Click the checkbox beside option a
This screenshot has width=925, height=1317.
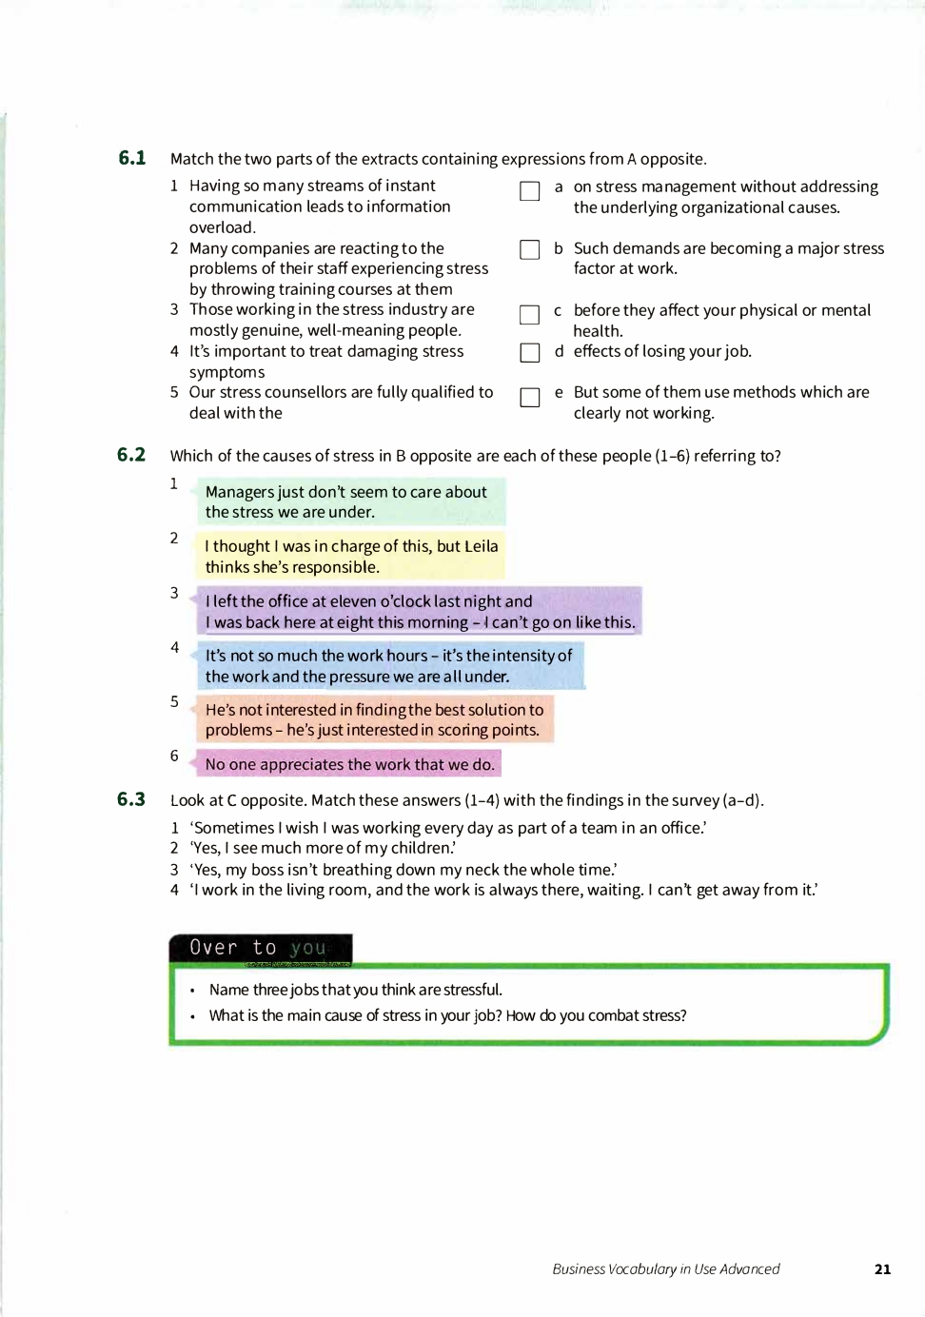[530, 191]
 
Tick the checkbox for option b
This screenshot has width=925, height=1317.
[530, 249]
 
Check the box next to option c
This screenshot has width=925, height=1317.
[530, 315]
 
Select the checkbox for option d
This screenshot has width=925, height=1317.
[530, 353]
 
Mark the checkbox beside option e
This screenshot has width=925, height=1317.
[530, 397]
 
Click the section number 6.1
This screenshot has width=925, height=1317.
[132, 158]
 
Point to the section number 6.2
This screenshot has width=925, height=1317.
[131, 455]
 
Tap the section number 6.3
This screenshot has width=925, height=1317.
[131, 799]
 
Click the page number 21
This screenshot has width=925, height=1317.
[882, 1268]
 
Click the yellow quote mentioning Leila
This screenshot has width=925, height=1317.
[350, 557]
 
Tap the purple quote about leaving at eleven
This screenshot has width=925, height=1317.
[419, 611]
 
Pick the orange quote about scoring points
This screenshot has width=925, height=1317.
[373, 719]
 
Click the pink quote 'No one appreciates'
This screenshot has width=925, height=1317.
[349, 764]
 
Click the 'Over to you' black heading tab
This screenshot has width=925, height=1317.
[260, 948]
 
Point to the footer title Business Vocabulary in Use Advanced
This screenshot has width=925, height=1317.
[665, 1268]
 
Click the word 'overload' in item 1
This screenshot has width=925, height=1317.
[222, 227]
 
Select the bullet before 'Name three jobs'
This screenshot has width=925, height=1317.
[193, 991]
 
